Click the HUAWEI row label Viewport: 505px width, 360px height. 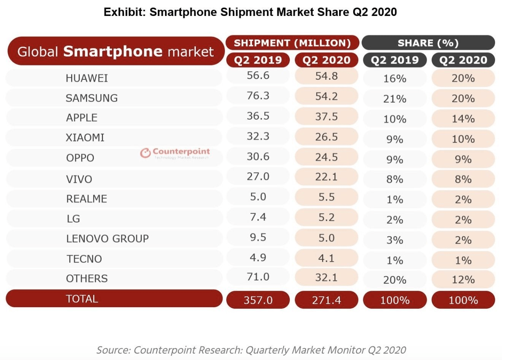[87, 78]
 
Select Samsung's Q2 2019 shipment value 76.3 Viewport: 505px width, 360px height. [258, 95]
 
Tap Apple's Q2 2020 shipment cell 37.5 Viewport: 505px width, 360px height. [326, 116]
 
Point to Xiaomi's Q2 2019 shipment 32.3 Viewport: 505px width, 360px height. [258, 136]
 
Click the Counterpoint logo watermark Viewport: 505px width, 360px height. [175, 153]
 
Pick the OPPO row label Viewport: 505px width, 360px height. [80, 158]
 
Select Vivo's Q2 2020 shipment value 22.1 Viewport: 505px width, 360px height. [326, 177]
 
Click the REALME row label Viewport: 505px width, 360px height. [87, 199]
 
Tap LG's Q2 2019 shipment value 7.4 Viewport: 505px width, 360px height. [258, 217]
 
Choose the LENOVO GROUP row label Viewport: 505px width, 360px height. [108, 239]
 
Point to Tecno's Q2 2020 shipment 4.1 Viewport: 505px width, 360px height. [326, 258]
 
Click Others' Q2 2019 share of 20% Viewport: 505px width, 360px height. [395, 280]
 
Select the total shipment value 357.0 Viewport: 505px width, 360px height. [258, 300]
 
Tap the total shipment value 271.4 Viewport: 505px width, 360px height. [326, 300]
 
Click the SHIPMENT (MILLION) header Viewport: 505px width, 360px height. [292, 43]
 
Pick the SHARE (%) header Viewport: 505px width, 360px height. [428, 43]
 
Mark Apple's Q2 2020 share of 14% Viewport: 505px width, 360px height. [463, 119]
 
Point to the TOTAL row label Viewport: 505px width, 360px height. [82, 299]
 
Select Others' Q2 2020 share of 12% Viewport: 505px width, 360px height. [463, 280]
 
